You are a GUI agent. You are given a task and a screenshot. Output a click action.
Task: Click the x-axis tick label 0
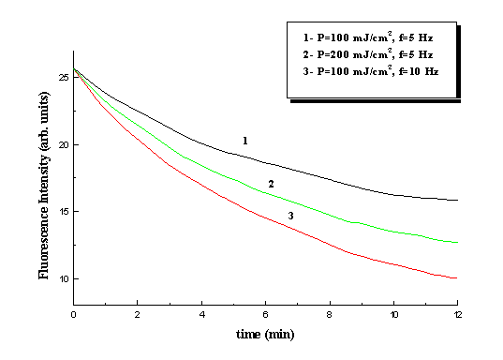click(x=73, y=314)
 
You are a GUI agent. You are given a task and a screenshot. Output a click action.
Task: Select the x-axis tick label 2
click(x=137, y=314)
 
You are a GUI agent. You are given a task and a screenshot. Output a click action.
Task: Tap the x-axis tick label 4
click(x=201, y=314)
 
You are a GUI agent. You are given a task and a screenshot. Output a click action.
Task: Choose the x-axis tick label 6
click(x=265, y=314)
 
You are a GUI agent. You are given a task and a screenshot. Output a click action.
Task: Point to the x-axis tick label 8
click(x=330, y=314)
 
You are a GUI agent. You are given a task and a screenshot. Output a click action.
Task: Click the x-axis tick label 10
click(x=393, y=314)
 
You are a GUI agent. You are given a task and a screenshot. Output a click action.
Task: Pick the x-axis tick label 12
click(x=457, y=314)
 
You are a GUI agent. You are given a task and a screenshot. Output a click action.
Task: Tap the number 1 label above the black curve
click(x=244, y=140)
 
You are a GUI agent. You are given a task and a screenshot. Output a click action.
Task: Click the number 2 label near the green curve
click(x=271, y=184)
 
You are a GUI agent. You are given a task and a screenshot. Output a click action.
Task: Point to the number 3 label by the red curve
click(x=290, y=216)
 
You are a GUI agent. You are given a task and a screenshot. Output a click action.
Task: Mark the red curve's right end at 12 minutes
click(x=457, y=278)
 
